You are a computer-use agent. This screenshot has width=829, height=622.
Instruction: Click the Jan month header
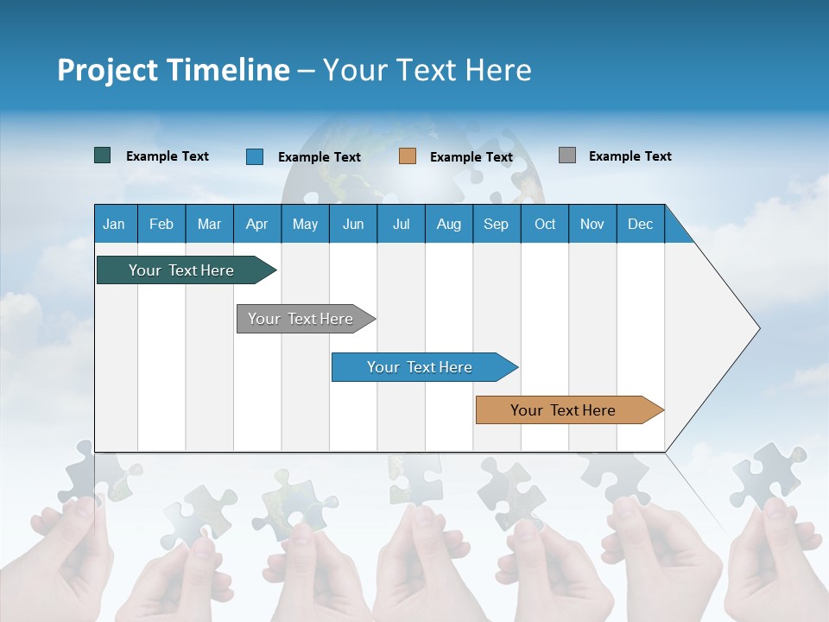pos(115,224)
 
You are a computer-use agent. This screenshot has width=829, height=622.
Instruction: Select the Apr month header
pos(256,224)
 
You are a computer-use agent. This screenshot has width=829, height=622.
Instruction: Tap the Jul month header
pos(401,224)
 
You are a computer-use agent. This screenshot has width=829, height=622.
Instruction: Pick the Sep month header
pos(496,224)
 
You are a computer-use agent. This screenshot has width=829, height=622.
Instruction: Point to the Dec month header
pos(640,224)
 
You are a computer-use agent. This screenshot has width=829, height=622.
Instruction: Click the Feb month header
pos(161,224)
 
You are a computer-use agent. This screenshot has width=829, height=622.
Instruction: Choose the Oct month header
pos(545,224)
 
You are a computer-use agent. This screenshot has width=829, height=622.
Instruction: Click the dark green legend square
pos(103,155)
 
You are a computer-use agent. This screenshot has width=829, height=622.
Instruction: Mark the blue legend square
pos(255,156)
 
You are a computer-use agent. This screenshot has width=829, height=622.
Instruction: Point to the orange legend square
pos(408,156)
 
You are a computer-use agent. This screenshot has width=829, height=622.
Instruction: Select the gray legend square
pos(567,155)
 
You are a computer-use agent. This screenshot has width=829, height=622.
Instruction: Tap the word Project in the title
pos(107,70)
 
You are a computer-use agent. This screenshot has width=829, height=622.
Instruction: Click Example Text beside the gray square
pos(630,156)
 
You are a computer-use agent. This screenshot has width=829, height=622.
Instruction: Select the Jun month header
pos(353,224)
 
